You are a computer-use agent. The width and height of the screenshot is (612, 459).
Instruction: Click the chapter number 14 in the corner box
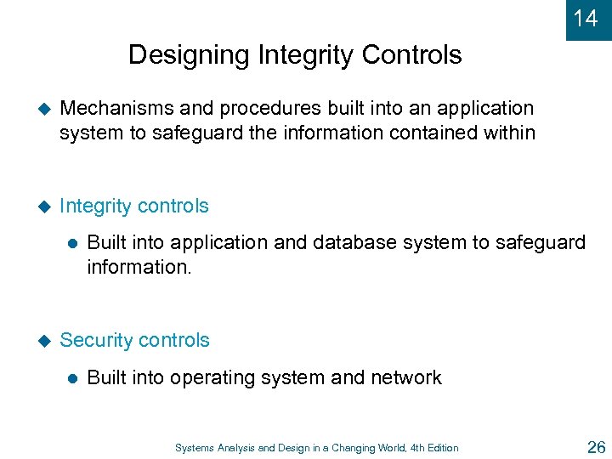click(x=586, y=18)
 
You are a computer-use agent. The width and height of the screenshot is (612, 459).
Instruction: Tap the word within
click(x=507, y=132)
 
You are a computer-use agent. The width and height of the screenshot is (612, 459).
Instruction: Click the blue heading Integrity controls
click(x=134, y=207)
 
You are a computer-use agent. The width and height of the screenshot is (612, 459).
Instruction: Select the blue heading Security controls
click(x=134, y=340)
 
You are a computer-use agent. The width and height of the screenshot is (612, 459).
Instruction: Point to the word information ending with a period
click(x=135, y=266)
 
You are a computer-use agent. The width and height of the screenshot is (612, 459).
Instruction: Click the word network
click(x=405, y=378)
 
